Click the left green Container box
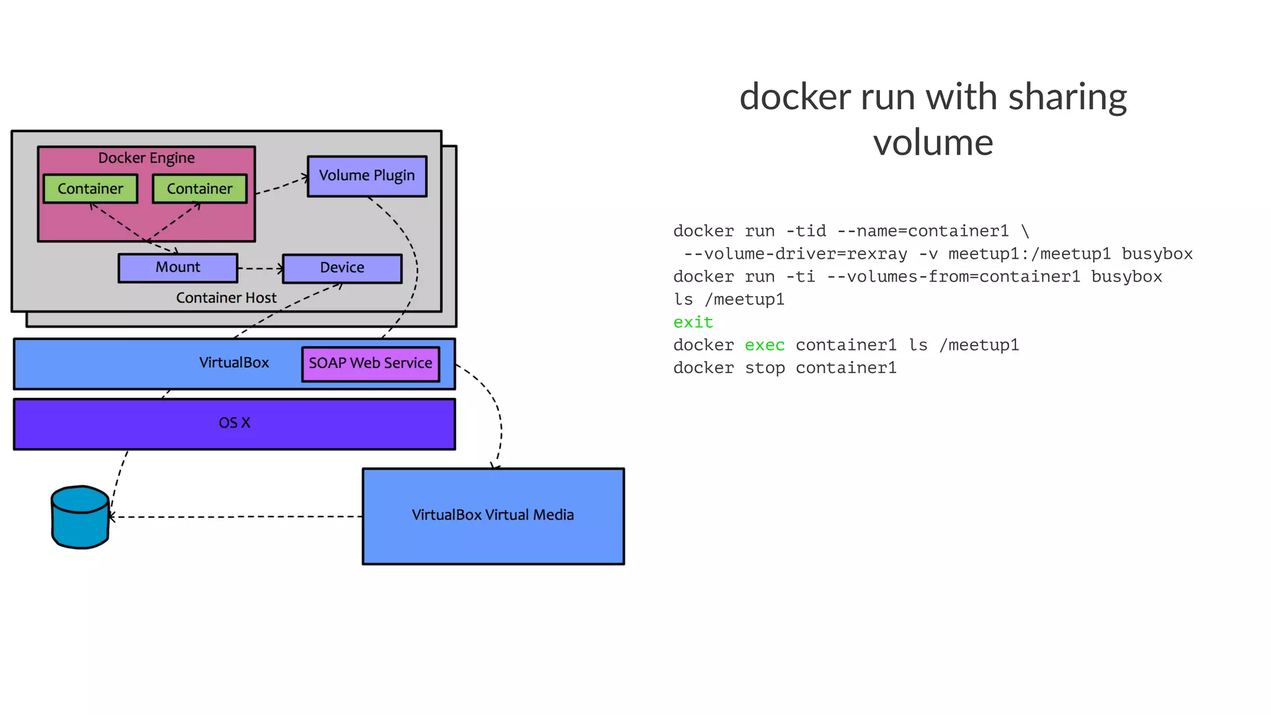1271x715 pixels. [90, 189]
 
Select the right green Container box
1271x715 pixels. [199, 189]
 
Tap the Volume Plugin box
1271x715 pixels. [367, 176]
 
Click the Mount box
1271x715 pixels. [177, 268]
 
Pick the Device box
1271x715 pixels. [342, 268]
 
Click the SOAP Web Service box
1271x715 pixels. [371, 364]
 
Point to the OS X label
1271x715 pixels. [234, 423]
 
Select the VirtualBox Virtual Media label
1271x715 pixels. [493, 515]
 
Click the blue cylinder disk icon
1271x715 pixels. [80, 518]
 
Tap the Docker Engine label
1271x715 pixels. [146, 158]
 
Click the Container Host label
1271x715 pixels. [226, 298]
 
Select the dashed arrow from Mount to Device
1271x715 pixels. [259, 269]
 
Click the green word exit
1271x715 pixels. [693, 323]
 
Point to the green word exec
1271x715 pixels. [765, 346]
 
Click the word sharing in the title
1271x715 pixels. [1067, 97]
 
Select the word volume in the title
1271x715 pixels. [933, 143]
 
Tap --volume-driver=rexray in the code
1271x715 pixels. [795, 254]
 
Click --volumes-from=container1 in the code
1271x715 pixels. [953, 277]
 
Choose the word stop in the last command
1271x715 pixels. [765, 368]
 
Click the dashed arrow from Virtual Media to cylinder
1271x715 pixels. [236, 517]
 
